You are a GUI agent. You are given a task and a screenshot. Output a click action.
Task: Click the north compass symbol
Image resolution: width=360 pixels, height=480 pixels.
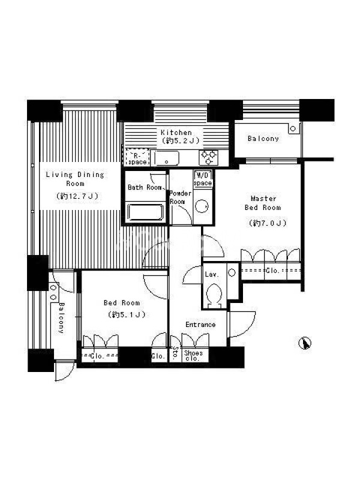305,343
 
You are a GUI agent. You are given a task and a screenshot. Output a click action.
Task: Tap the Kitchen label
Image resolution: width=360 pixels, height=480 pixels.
176,133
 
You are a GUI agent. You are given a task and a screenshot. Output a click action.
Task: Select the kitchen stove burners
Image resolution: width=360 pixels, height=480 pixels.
208,158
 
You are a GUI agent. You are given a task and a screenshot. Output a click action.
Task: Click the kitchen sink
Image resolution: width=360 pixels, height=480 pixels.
167,158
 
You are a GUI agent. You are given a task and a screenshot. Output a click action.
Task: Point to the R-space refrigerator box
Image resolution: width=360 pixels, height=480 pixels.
137,157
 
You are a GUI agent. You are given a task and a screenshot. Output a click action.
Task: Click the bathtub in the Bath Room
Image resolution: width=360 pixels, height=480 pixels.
145,212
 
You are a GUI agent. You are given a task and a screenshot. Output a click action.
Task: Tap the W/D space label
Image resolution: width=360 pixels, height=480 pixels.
203,179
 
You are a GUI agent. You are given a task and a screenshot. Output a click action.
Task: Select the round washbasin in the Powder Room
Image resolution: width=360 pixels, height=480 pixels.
202,206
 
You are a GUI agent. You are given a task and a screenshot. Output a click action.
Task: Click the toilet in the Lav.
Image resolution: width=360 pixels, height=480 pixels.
214,294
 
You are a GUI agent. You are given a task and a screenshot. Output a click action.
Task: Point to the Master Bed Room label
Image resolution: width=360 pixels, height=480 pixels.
263,203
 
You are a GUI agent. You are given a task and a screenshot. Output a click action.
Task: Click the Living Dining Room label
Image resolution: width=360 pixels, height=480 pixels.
75,179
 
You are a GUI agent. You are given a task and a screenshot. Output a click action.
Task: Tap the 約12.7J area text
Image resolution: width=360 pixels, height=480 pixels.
77,196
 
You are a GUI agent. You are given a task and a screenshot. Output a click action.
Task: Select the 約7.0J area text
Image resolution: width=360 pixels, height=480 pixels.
268,223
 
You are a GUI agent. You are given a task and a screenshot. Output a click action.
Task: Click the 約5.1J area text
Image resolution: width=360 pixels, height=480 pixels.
127,314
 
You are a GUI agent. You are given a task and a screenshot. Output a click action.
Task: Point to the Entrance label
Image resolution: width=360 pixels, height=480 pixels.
200,325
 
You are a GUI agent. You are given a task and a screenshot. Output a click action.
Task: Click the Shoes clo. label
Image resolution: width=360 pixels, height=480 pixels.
193,355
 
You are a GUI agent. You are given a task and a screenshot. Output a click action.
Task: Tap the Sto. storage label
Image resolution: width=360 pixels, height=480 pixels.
175,353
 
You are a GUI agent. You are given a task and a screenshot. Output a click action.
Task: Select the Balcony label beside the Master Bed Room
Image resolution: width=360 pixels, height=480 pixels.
263,139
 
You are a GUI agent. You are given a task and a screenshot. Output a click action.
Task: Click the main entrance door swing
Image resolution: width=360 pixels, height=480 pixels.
242,325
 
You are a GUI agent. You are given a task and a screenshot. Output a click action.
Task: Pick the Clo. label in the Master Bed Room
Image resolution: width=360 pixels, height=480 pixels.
272,271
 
